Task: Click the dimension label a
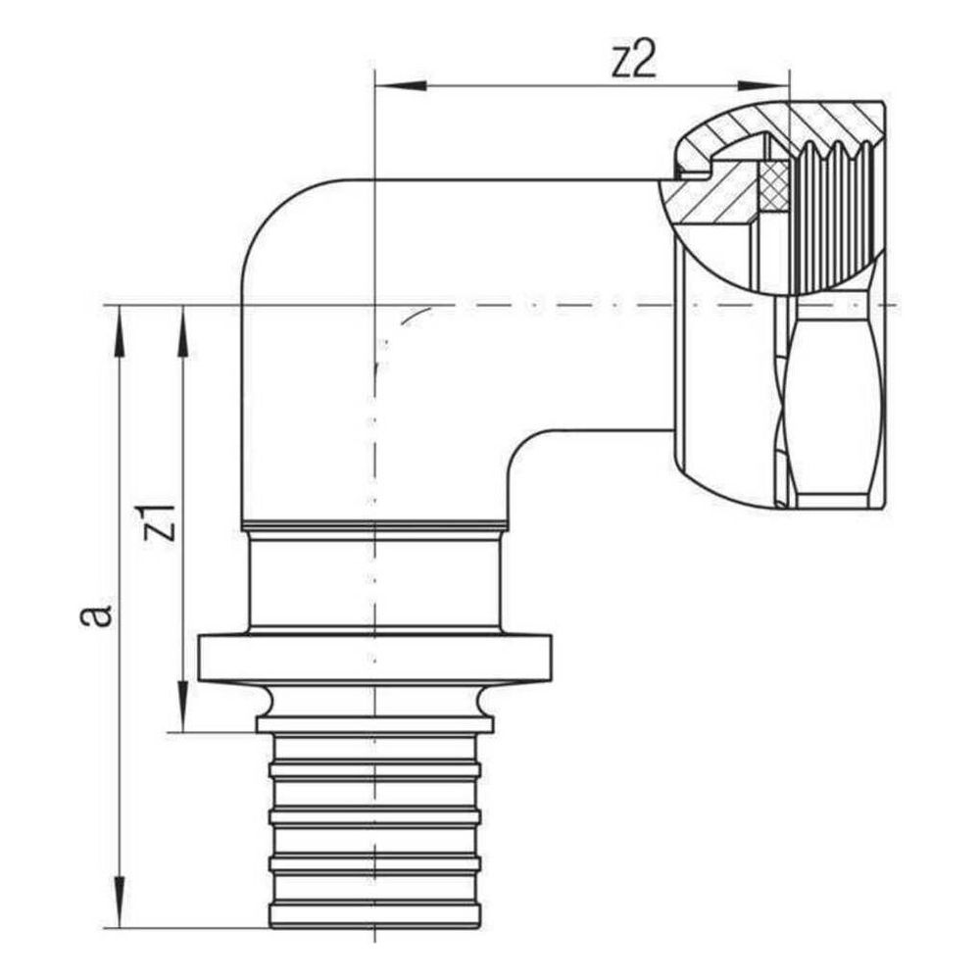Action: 96,614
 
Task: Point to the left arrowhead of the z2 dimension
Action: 400,85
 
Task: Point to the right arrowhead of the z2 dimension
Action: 763,85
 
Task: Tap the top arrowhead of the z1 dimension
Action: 182,331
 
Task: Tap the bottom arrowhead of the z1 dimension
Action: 182,707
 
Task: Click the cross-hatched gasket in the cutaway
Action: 775,185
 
